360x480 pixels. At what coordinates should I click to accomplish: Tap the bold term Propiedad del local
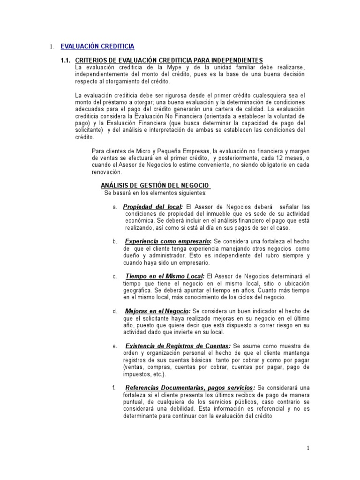tap(153, 207)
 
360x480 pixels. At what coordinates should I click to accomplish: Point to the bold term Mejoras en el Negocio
tap(157, 311)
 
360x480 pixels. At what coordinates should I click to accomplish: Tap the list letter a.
tap(115, 207)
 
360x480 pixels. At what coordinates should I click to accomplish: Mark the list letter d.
tap(115, 311)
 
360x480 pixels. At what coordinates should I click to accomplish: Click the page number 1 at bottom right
tap(308, 449)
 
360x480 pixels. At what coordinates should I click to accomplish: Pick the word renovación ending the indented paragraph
tap(108, 172)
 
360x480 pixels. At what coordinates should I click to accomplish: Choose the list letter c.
tap(114, 277)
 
